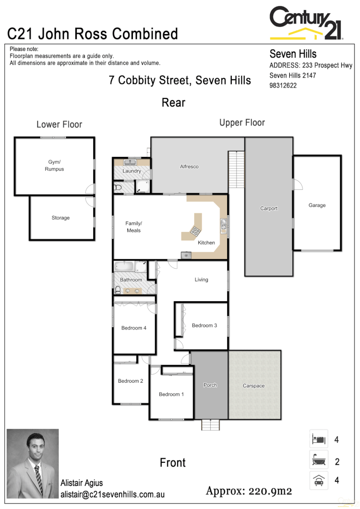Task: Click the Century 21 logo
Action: tap(306, 23)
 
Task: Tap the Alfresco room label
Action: tap(189, 166)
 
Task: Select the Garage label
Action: tap(317, 205)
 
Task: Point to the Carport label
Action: tap(269, 208)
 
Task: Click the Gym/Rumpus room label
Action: tap(54, 165)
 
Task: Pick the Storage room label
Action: tap(60, 218)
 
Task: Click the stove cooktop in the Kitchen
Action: tap(195, 231)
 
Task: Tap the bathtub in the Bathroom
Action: tap(124, 267)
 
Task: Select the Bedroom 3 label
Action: tap(205, 325)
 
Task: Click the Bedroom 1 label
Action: tap(172, 394)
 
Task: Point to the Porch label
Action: tap(210, 385)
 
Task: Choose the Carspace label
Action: tap(254, 386)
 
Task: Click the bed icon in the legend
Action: tap(319, 440)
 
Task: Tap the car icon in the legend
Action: tap(319, 481)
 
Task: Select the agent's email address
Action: tap(112, 494)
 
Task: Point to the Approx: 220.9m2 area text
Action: tap(249, 491)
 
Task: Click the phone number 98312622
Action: tap(283, 86)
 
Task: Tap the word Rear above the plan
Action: tap(173, 102)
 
